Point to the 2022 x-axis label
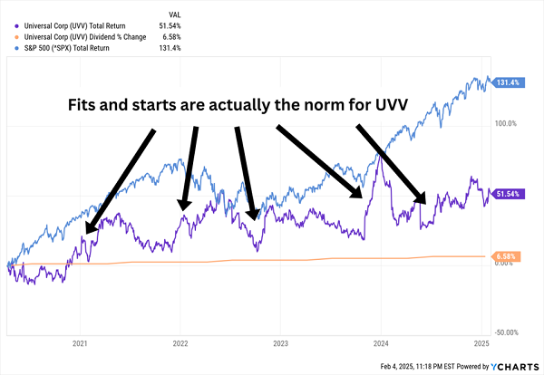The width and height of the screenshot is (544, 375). click(180, 344)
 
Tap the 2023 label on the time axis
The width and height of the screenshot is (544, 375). click(280, 344)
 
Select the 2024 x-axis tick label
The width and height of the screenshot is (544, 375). click(381, 344)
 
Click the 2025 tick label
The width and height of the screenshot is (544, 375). click(481, 344)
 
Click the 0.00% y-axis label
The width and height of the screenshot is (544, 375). click(507, 264)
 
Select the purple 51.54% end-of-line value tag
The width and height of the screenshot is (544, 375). click(506, 193)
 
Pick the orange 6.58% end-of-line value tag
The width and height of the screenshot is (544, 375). click(505, 256)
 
